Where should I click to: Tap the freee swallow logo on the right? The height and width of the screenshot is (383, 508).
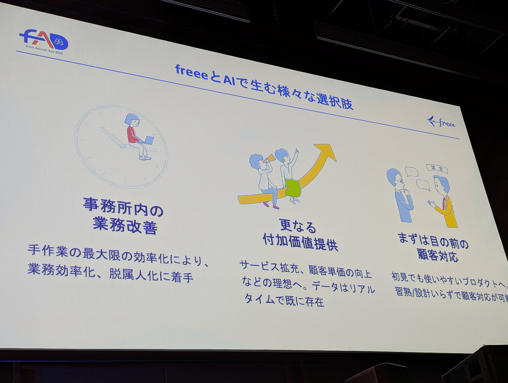point(441,122)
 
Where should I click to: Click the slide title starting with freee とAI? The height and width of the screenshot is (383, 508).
point(264,87)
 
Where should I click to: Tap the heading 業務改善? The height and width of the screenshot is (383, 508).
point(125,226)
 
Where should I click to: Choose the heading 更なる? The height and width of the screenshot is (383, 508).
point(298,226)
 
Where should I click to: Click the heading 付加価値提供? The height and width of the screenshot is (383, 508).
point(300,241)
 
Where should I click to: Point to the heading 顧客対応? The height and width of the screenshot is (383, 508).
point(438,255)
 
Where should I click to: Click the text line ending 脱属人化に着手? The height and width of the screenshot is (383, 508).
point(110,273)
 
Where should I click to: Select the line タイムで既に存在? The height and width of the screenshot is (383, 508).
point(284,300)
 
